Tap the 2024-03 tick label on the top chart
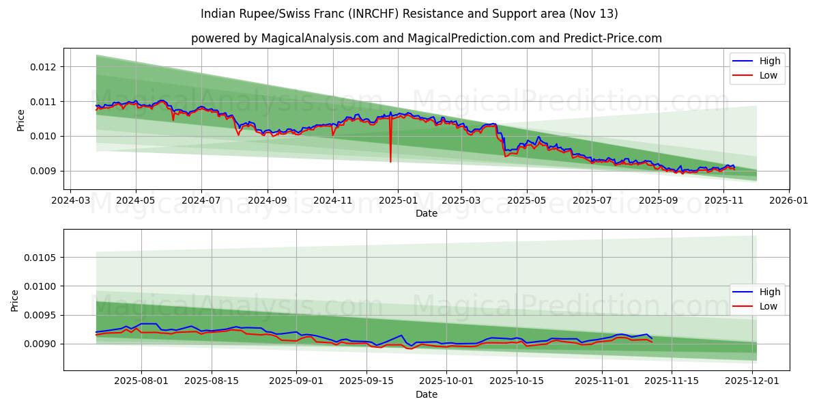click(x=70, y=201)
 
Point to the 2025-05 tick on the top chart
click(x=527, y=201)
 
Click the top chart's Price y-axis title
click(x=20, y=120)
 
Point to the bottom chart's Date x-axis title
click(x=427, y=394)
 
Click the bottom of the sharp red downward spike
click(x=390, y=161)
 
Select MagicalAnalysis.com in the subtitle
click(x=320, y=38)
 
